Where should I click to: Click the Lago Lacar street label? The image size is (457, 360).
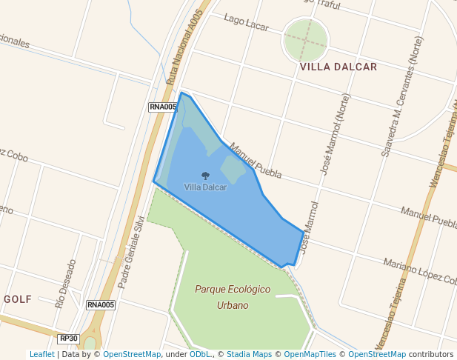(x=246, y=22)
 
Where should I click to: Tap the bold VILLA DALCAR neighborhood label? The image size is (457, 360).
(x=338, y=67)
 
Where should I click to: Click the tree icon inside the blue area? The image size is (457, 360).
(x=205, y=176)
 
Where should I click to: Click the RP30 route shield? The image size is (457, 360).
(x=68, y=339)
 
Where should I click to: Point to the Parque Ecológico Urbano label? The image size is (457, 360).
(x=233, y=296)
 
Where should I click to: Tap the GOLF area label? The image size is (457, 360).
(x=18, y=299)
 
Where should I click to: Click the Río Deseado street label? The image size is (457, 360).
(x=66, y=283)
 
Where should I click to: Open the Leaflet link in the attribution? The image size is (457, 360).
(x=41, y=354)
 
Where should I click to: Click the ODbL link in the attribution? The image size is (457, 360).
(x=200, y=354)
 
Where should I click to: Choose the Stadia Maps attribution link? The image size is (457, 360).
(x=249, y=354)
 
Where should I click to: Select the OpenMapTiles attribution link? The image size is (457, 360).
(x=309, y=354)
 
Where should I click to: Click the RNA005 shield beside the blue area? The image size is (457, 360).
(x=163, y=107)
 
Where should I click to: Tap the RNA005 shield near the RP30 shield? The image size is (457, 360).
(x=101, y=304)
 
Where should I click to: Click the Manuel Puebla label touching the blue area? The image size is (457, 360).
(x=256, y=161)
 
